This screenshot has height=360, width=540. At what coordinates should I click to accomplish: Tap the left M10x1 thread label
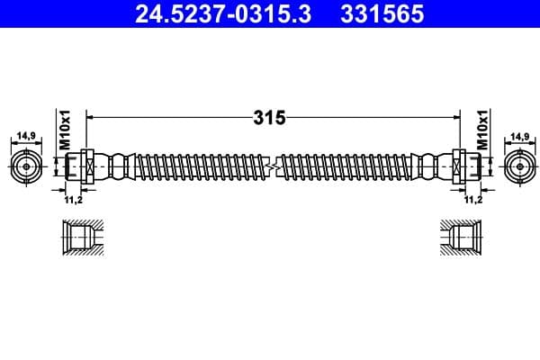(x=64, y=131)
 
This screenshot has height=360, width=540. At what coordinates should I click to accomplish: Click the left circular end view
(x=27, y=166)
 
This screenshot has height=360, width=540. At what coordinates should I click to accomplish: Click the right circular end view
(x=518, y=166)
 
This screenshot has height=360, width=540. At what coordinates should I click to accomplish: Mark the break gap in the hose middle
(x=272, y=166)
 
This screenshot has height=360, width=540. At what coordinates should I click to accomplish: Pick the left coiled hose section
(x=198, y=166)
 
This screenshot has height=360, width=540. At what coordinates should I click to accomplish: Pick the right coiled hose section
(x=346, y=166)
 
